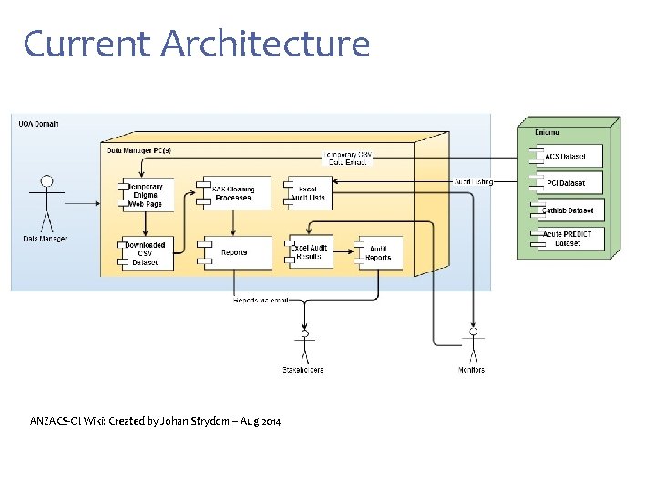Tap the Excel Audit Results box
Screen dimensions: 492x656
coord(310,252)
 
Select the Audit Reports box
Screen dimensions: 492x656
coord(380,252)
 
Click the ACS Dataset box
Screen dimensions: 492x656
coord(566,157)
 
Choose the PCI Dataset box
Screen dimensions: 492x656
coord(566,183)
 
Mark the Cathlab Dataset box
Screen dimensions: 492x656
coord(566,210)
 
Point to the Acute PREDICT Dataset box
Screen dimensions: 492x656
coord(566,239)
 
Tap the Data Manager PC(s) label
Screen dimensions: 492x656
coord(139,149)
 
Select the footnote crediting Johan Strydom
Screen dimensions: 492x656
coord(155,421)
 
